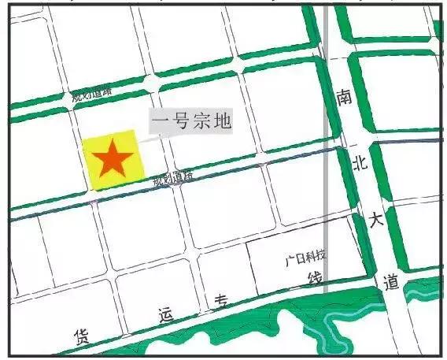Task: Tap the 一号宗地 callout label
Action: point(190,121)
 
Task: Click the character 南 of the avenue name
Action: point(344,96)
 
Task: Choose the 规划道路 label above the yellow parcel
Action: point(92,94)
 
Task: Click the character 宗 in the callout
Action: point(201,121)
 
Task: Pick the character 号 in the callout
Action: point(180,121)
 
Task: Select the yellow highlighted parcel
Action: point(94,177)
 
